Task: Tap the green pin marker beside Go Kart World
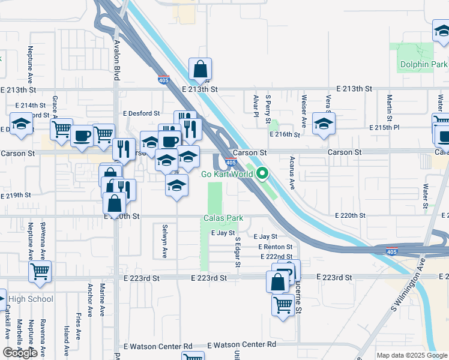click(x=262, y=174)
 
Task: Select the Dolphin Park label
click(x=423, y=64)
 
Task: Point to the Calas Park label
click(x=223, y=218)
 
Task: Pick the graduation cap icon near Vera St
click(x=324, y=124)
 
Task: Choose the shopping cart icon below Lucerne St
click(x=283, y=304)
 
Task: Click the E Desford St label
click(x=142, y=113)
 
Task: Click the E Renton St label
click(x=276, y=247)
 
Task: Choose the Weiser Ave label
click(x=304, y=112)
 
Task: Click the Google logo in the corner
click(x=20, y=353)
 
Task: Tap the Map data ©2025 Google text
click(x=412, y=355)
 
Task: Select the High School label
click(x=31, y=299)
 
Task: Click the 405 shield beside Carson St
click(x=231, y=162)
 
